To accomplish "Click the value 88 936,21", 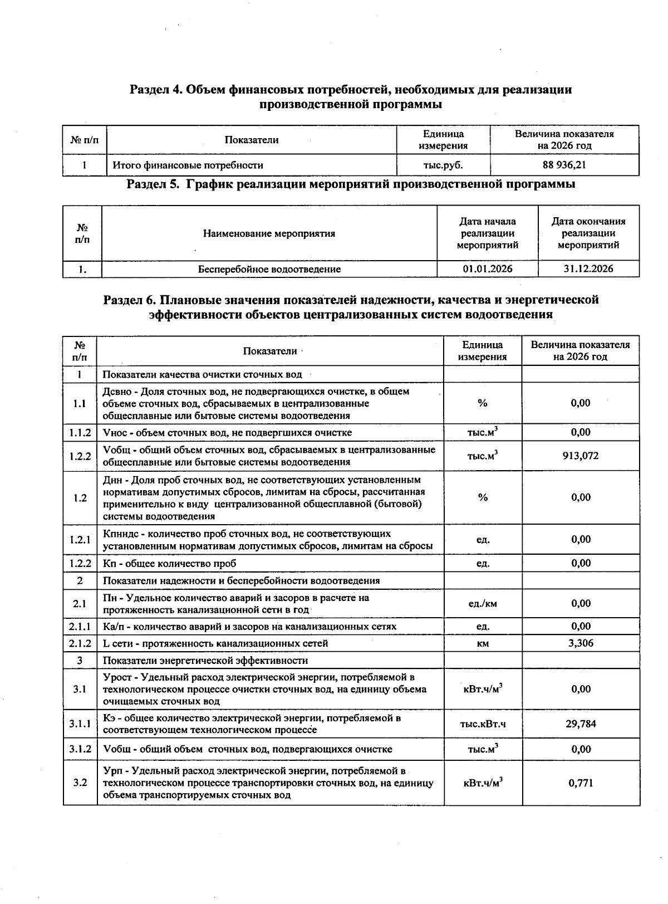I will click(564, 165).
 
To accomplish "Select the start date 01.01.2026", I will click(487, 269).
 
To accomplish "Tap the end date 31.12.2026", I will click(588, 269).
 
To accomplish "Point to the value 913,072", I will click(581, 456).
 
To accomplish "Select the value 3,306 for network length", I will click(581, 643).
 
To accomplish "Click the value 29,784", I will click(581, 724).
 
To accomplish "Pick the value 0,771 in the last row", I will click(581, 783).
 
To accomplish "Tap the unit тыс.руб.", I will click(443, 165).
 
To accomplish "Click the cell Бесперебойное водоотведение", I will click(269, 269).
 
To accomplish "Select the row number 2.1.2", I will click(80, 643).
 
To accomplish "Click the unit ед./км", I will click(483, 604).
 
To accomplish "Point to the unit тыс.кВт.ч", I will click(483, 724).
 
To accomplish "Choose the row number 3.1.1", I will click(80, 724).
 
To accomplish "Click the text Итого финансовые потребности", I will click(188, 165).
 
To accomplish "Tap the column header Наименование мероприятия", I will click(269, 233).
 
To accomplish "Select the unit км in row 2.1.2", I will click(483, 643).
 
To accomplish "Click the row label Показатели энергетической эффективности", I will click(205, 661).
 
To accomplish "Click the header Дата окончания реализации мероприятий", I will click(588, 233).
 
